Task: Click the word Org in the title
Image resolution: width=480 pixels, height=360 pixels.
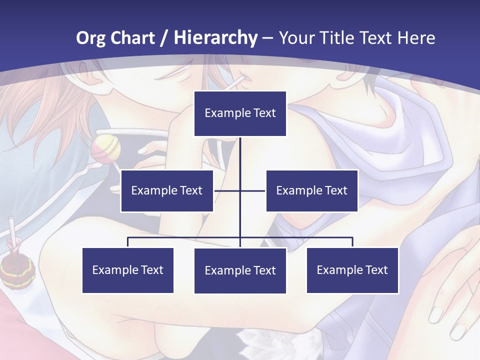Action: (90, 38)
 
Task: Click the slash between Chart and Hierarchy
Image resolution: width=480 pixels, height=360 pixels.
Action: (164, 38)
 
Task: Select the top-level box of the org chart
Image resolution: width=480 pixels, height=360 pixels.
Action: (240, 113)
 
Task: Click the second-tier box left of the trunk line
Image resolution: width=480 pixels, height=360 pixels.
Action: (167, 190)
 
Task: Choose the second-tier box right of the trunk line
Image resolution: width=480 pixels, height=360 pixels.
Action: (311, 190)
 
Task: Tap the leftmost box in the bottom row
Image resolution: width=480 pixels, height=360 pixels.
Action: (128, 270)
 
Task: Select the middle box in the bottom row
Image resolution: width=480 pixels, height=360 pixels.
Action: (240, 270)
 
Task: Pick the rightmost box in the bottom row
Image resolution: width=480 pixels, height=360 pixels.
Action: (352, 270)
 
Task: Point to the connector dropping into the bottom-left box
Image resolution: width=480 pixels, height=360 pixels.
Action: (128, 242)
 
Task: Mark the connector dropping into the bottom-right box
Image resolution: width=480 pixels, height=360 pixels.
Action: (352, 242)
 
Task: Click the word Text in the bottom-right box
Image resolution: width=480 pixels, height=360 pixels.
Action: (376, 270)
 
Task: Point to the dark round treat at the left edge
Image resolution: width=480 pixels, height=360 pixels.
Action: (17, 270)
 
